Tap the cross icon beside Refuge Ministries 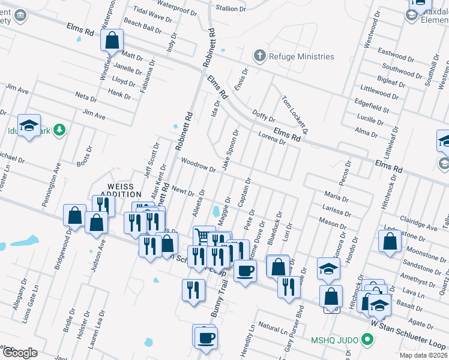[260, 56]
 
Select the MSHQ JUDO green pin [367, 340]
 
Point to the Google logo [20, 353]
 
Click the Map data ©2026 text [423, 355]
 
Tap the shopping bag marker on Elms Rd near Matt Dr [112, 41]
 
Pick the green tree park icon [59, 130]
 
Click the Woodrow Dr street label [198, 165]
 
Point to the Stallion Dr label [231, 8]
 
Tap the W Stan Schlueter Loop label [414, 333]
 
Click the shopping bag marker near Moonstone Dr [390, 241]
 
